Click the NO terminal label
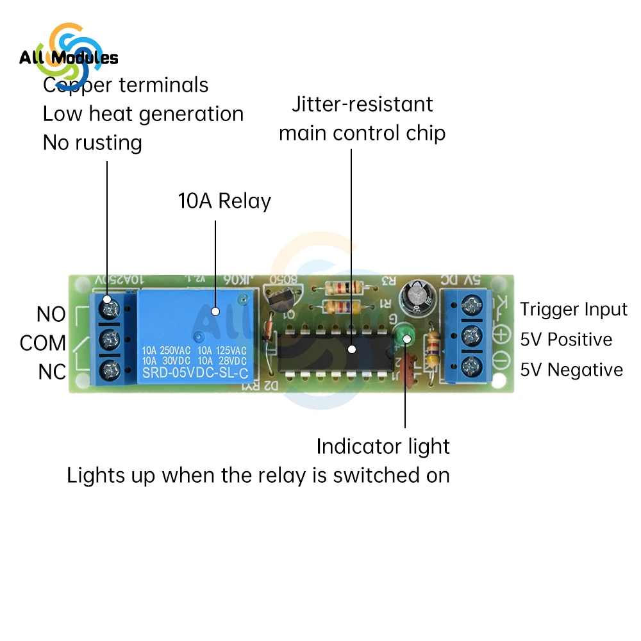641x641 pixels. coord(51,315)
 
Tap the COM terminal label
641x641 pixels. coord(43,343)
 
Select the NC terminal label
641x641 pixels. coord(51,372)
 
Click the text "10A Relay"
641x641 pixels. coord(224,201)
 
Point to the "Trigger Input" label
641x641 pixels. coord(574,310)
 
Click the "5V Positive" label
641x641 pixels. coord(566,340)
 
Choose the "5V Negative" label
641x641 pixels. coord(571,370)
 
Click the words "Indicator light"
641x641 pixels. coord(383,446)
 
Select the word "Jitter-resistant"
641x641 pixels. coord(362,104)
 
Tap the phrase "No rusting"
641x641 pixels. coord(92,142)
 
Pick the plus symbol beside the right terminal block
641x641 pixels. coord(502,335)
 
